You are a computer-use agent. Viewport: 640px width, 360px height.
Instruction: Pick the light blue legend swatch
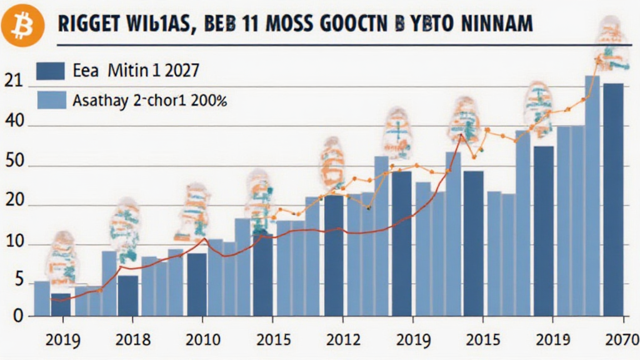(51, 99)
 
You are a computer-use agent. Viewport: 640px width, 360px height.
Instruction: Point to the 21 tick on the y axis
(13, 81)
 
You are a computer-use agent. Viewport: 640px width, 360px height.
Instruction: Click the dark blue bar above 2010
(197, 284)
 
